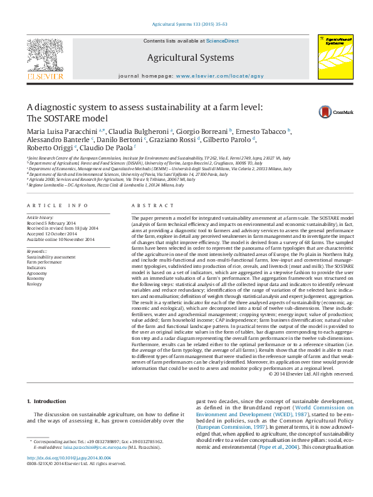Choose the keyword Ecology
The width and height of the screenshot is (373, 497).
pos(35,284)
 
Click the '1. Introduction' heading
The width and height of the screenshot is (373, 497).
pos(48,401)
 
